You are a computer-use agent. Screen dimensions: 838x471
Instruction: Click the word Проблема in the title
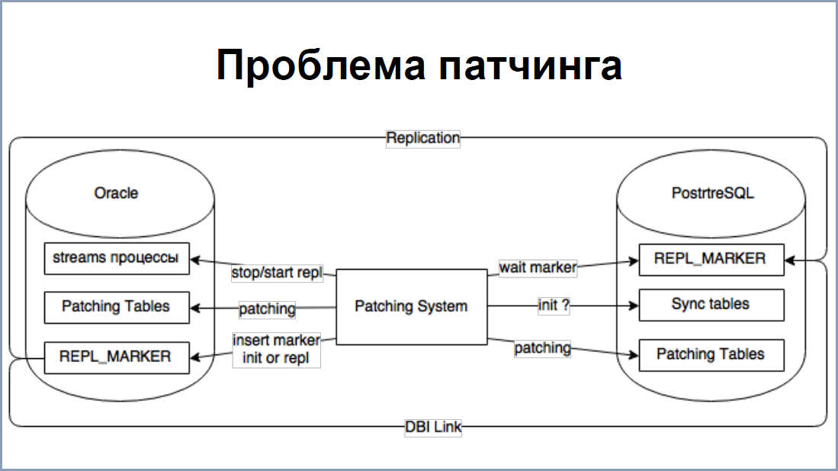pyautogui.click(x=321, y=65)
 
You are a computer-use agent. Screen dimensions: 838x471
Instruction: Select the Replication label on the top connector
pyautogui.click(x=422, y=138)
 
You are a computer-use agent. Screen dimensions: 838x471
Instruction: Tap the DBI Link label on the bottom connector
pyautogui.click(x=433, y=428)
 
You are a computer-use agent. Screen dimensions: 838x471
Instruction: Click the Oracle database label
pyautogui.click(x=116, y=193)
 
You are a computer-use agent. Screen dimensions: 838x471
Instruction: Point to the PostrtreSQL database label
pyautogui.click(x=712, y=193)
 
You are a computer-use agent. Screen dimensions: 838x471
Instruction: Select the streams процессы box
pyautogui.click(x=117, y=258)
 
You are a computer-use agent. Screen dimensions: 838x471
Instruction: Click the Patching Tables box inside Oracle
pyautogui.click(x=117, y=307)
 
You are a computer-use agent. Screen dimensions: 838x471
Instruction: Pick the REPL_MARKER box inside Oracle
pyautogui.click(x=117, y=357)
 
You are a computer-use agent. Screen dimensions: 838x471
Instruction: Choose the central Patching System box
pyautogui.click(x=412, y=306)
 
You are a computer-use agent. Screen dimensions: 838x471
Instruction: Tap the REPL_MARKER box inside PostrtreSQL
pyautogui.click(x=711, y=260)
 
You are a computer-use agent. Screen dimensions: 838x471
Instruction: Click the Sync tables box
pyautogui.click(x=711, y=305)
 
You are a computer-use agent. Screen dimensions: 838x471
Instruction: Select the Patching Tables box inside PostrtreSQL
pyautogui.click(x=711, y=355)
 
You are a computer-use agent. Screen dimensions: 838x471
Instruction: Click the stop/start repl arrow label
pyautogui.click(x=277, y=272)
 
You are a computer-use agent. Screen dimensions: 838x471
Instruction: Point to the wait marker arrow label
pyautogui.click(x=538, y=267)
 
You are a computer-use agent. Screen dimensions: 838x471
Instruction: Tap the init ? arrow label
pyautogui.click(x=554, y=306)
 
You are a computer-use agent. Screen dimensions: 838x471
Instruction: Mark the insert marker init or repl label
pyautogui.click(x=276, y=349)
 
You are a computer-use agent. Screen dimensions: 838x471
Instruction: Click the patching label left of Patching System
pyautogui.click(x=267, y=309)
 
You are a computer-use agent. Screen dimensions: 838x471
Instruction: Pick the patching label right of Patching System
pyautogui.click(x=542, y=348)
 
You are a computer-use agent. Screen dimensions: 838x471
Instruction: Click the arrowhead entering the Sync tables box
pyautogui.click(x=634, y=306)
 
